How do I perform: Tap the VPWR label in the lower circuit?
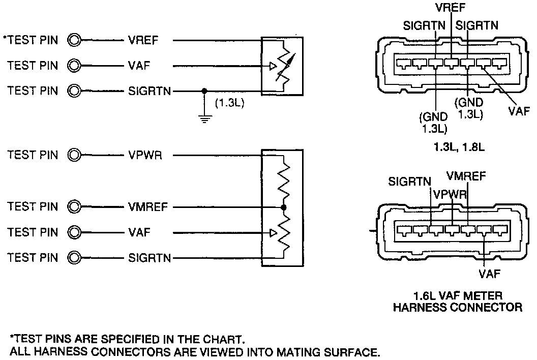tap(145, 155)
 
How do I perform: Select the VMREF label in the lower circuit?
tap(148, 207)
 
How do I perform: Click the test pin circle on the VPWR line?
tap(75, 155)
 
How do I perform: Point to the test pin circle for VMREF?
tap(75, 207)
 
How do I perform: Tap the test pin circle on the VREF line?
tap(75, 40)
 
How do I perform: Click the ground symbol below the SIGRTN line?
tap(204, 120)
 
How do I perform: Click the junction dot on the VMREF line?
tap(283, 207)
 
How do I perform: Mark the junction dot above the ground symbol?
tap(204, 92)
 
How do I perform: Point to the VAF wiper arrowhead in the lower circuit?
tap(273, 233)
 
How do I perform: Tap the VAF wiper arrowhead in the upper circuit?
tap(273, 66)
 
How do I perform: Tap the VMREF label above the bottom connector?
tap(466, 176)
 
